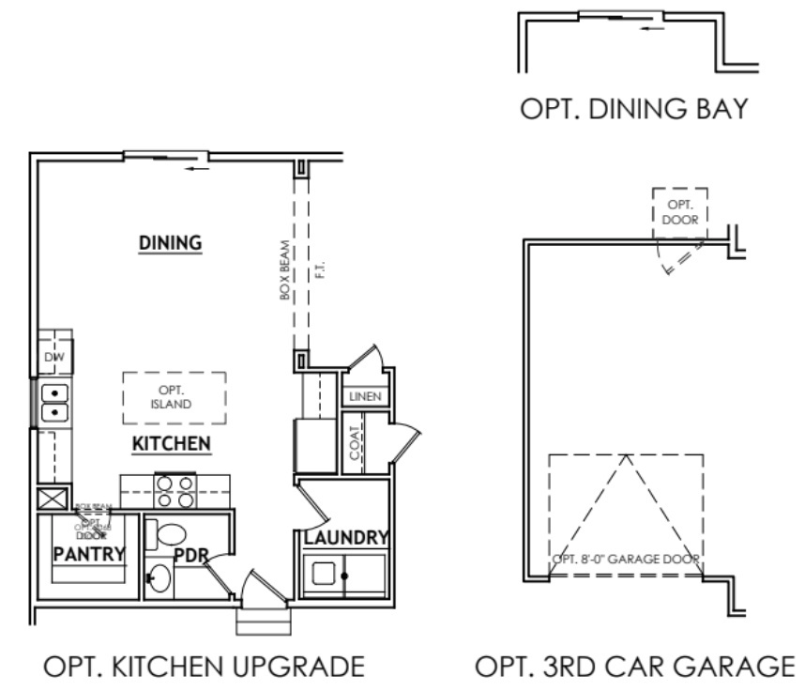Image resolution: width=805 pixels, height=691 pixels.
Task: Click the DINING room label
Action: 171,242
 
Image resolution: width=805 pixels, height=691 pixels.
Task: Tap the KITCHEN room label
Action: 171,443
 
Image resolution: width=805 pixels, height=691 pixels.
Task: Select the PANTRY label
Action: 89,554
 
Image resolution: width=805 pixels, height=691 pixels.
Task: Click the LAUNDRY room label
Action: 345,537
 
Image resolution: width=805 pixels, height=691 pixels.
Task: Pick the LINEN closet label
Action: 365,397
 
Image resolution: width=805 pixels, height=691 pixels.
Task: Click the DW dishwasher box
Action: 53,358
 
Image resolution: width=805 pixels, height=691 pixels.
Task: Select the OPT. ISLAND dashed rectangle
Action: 175,398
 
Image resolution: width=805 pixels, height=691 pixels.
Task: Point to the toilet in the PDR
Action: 170,536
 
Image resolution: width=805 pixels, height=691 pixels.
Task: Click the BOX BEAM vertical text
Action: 285,270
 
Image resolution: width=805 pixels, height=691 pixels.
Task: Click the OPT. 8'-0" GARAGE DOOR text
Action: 626,560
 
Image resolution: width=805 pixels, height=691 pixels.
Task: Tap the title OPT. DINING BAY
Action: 634,110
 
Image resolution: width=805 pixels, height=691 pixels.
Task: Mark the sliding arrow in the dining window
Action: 197,170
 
